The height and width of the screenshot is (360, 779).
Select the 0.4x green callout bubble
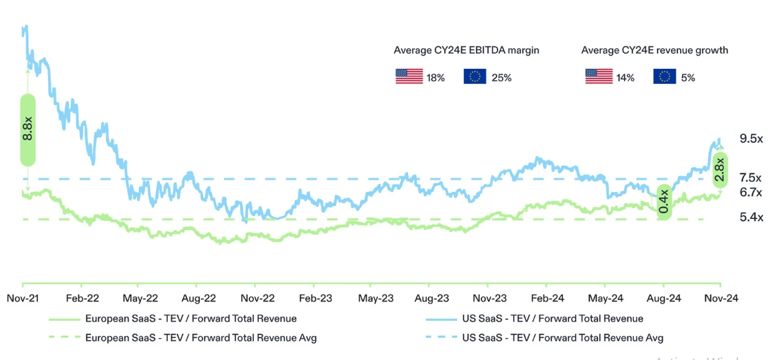coord(664,202)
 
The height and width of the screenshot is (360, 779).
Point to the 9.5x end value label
coord(751,138)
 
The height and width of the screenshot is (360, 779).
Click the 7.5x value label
coord(751,178)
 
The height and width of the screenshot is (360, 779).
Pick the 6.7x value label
coord(751,192)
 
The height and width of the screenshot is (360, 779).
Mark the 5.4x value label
coord(751,218)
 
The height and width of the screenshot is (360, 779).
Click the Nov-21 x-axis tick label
coord(22,298)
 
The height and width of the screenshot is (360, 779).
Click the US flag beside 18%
coord(409,76)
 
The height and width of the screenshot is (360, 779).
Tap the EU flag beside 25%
coord(475,76)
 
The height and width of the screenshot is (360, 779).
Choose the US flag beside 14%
coord(599,76)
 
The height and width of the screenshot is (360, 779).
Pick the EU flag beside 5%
coord(664,76)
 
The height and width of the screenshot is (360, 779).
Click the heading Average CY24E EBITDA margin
coord(466,50)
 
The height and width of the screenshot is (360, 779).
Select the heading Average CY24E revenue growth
coord(654,50)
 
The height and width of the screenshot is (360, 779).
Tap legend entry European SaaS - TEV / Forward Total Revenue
coord(191,319)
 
